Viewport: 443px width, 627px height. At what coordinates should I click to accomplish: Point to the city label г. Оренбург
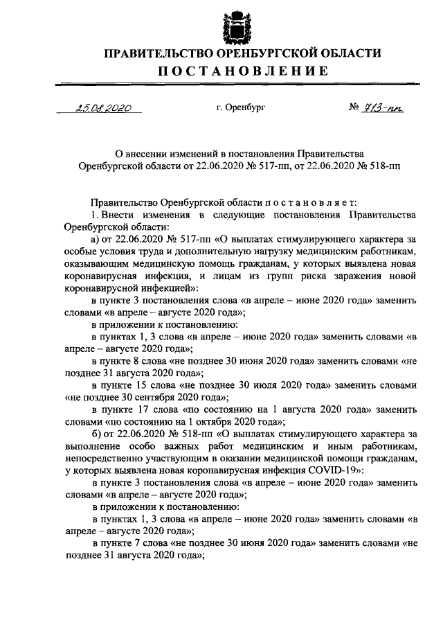click(240, 109)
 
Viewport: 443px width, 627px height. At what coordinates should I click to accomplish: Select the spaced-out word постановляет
click(310, 202)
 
